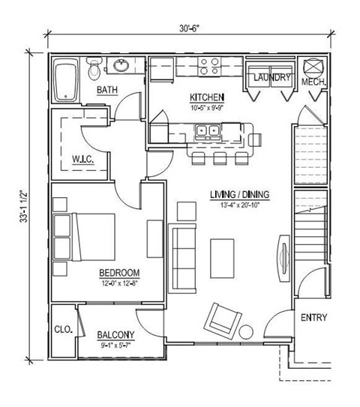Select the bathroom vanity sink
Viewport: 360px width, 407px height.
tap(120, 65)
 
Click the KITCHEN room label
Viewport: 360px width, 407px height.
tap(206, 97)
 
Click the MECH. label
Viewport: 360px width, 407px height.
tap(312, 81)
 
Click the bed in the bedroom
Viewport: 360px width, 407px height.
tap(84, 237)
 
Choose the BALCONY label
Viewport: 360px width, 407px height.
tap(115, 335)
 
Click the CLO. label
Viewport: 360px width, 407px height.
tap(62, 328)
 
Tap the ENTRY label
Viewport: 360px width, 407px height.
tap(313, 318)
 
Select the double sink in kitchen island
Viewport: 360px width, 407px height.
tap(206, 132)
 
